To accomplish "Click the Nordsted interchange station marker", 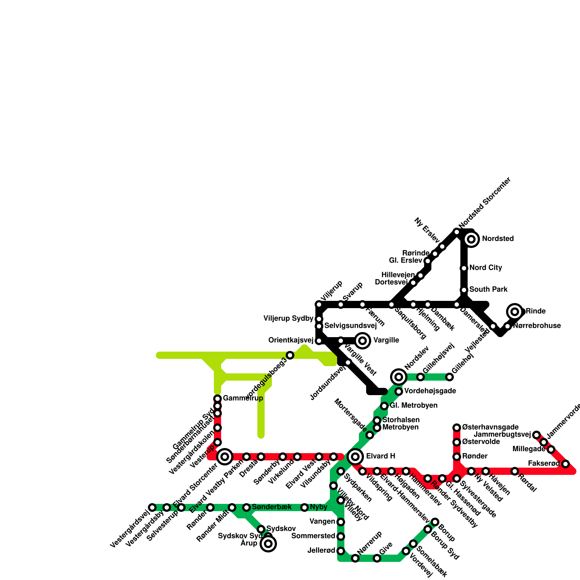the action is coord(471,239).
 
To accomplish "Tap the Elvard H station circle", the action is coord(355,457).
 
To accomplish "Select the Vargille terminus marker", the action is coord(362,341).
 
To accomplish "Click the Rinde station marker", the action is coord(515,312).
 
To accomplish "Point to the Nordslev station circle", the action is coord(399,377).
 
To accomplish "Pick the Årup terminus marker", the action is coord(268,544).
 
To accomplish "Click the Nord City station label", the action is coord(485,268).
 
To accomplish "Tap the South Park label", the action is coord(488,290).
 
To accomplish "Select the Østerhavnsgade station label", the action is coord(490,427).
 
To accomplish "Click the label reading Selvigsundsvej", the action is coord(350,326).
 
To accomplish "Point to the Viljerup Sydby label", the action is coord(288,319).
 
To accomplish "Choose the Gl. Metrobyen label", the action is coord(413,406).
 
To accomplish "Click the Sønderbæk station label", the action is coord(272,507).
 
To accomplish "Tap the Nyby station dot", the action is coord(304,507).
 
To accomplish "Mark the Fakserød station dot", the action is coord(565,464).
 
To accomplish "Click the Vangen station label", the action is coord(322,522).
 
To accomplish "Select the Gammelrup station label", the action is coord(243,399).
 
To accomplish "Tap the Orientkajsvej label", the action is coord(291,340).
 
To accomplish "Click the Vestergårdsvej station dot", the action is coord(152,507).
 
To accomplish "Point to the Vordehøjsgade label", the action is coord(430,391).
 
